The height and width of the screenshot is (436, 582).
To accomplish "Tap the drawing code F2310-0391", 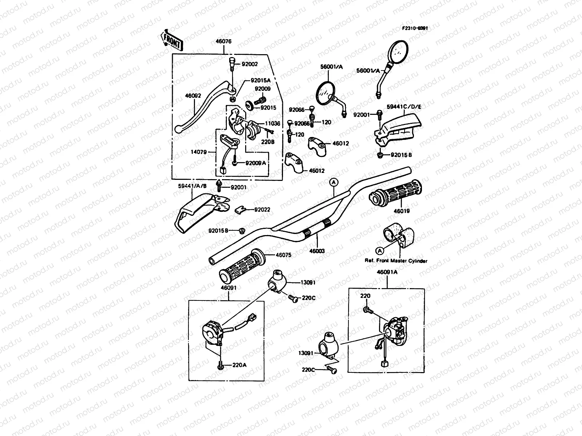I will tap(415, 28).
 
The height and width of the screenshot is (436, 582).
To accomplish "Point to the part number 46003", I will tap(317, 251).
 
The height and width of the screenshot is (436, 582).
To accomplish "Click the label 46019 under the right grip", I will tap(391, 211).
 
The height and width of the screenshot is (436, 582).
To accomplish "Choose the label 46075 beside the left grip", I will tap(283, 255).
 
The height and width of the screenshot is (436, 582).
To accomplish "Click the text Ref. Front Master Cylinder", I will tap(396, 261).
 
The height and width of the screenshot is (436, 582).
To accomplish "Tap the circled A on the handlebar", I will tap(333, 182).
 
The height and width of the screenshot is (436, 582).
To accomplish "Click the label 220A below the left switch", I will tap(239, 366).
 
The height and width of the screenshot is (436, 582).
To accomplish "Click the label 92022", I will tap(262, 210).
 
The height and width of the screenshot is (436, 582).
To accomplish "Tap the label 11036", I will tap(272, 124).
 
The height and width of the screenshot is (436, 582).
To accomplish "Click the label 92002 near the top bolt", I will tap(250, 64).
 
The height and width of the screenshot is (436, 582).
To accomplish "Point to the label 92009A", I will tap(256, 163).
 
